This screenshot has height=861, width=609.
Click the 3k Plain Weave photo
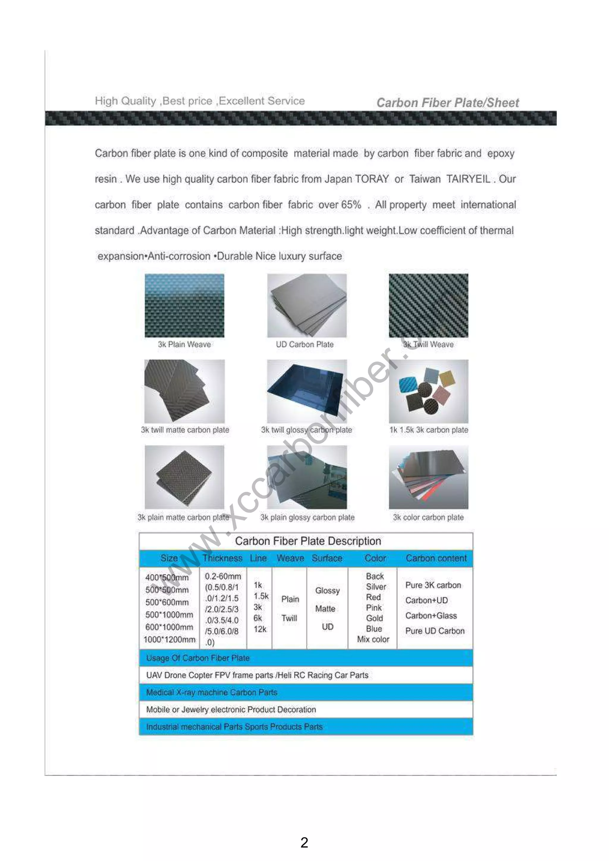tap(184, 306)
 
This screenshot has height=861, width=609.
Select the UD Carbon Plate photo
tap(307, 306)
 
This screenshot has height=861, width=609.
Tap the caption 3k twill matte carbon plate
tap(185, 430)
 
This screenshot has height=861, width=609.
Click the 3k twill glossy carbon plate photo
tap(307, 391)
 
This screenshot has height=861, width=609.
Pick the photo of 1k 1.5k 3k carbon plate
tap(428, 391)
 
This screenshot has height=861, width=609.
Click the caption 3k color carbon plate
tap(428, 518)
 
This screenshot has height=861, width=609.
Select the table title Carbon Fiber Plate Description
tap(308, 541)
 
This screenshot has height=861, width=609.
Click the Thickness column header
tap(222, 558)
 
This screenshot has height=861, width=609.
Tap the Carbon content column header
tap(436, 558)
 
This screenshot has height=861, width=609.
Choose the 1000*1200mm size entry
tap(169, 640)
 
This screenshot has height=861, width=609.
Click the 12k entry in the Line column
tap(260, 629)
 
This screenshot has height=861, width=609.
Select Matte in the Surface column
tap(325, 609)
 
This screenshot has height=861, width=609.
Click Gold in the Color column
tap(374, 618)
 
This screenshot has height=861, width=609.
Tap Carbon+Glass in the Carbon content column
tap(431, 616)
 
